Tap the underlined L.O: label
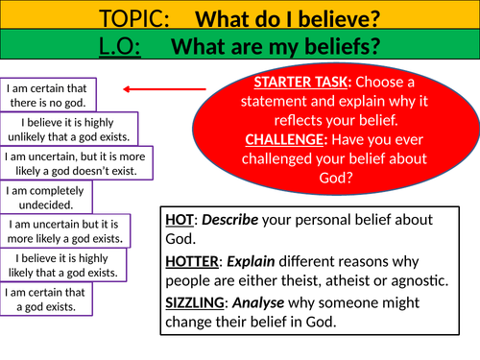point(126,46)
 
